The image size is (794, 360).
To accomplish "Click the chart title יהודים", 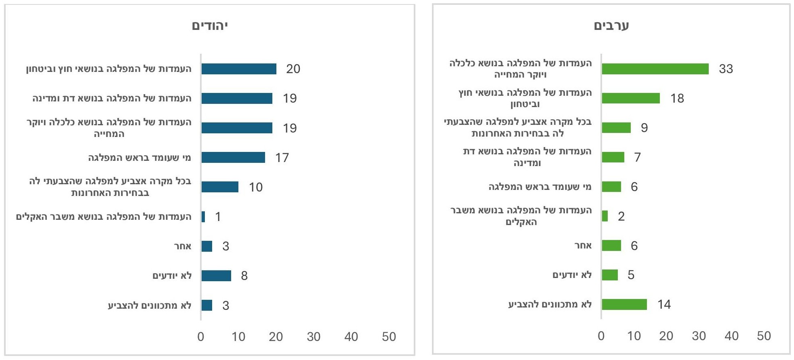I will tap(210, 26).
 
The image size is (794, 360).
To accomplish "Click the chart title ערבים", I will tap(611, 25).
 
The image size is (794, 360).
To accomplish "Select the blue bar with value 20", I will tap(239, 69).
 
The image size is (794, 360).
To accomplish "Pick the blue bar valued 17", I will tap(233, 158).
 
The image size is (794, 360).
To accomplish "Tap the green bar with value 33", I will tap(655, 69).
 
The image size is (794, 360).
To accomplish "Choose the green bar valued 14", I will tap(624, 305).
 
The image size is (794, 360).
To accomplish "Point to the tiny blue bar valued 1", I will tap(203, 217).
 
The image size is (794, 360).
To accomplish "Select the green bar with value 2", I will tap(605, 216).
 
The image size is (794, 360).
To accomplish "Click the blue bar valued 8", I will tap(216, 276).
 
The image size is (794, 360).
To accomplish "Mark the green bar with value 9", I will tap(616, 128).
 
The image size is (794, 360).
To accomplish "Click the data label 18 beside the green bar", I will tap(677, 99).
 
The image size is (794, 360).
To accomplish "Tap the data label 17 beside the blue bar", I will tap(282, 158).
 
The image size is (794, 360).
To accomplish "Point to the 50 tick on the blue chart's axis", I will tap(389, 337).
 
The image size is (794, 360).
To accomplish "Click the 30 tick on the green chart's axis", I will tap(699, 336).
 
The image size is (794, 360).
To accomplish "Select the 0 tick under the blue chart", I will tap(201, 337).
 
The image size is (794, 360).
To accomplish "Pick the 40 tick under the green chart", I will tap(731, 336).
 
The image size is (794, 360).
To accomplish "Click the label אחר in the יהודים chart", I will tap(183, 246).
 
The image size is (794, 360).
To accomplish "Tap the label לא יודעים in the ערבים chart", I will tap(572, 275).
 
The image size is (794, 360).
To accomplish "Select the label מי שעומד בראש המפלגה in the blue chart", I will tap(139, 158).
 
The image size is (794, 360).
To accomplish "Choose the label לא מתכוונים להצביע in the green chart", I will tap(550, 305).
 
